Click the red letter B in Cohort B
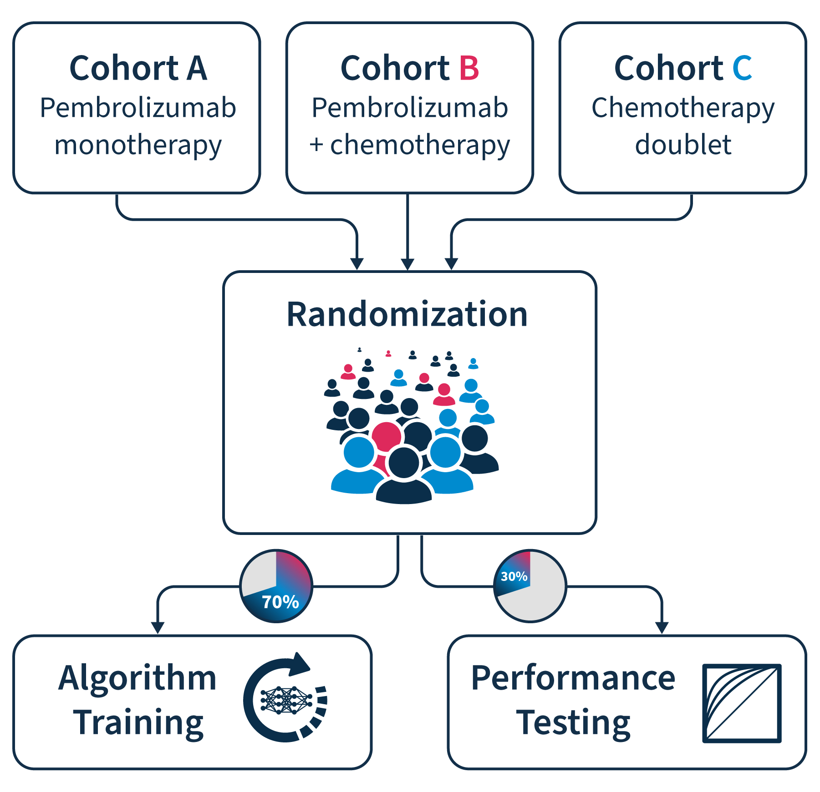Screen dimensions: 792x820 (469, 68)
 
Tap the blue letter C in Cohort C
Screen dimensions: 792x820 (742, 68)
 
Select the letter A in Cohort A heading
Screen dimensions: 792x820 (197, 68)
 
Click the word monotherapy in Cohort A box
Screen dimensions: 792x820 (138, 146)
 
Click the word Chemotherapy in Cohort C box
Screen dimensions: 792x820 (683, 108)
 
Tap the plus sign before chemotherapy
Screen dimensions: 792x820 (316, 145)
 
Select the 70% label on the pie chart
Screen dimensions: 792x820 (280, 602)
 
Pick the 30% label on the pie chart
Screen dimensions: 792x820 (514, 576)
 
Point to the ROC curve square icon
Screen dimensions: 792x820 (742, 703)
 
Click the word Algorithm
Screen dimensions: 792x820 (137, 678)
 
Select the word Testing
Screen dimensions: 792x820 (573, 722)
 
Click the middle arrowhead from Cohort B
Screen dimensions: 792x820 (407, 264)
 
